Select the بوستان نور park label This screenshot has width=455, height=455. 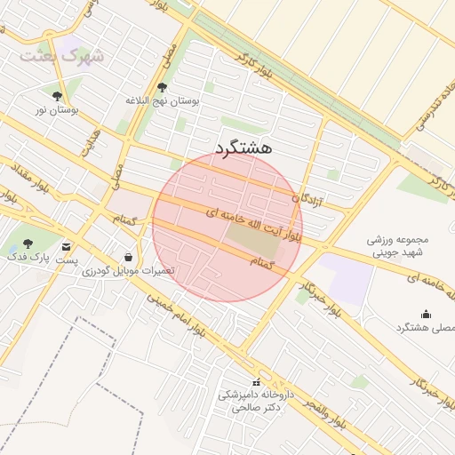pyautogui.click(x=57, y=110)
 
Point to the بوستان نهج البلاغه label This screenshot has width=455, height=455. pyautogui.click(x=162, y=101)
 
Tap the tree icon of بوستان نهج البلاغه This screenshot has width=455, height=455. pyautogui.click(x=162, y=87)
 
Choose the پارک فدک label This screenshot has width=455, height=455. pyautogui.click(x=29, y=258)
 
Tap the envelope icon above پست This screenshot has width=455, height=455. pyautogui.click(x=68, y=246)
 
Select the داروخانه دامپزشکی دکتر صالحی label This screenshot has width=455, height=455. pyautogui.click(x=257, y=401)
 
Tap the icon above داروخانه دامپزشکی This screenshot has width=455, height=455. pyautogui.click(x=257, y=381)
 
